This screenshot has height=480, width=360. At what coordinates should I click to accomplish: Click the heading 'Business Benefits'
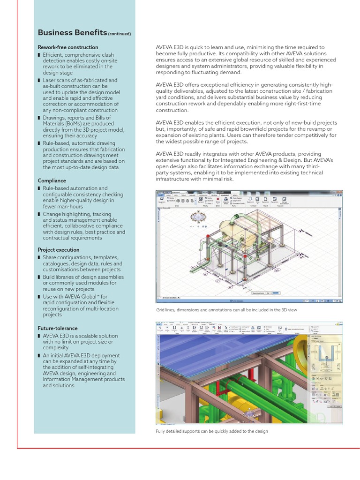(x=72, y=33)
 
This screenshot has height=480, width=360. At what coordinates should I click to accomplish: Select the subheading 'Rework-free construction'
(x=67, y=47)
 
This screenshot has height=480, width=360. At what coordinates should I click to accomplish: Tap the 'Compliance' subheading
(x=52, y=180)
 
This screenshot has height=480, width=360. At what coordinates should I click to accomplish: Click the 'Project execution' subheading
(x=58, y=250)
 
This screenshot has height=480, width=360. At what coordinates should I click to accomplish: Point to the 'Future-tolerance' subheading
(x=57, y=328)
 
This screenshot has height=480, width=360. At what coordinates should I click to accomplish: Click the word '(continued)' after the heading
(x=119, y=34)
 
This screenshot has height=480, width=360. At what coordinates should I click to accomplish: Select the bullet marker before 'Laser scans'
(x=39, y=81)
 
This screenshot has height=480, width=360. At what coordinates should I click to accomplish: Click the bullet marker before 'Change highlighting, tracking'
(x=39, y=214)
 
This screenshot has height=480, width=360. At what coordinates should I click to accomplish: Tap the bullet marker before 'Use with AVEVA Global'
(x=39, y=297)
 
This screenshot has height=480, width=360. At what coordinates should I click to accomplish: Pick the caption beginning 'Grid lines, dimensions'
(x=226, y=310)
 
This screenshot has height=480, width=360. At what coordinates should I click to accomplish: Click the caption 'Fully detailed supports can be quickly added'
(x=211, y=431)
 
